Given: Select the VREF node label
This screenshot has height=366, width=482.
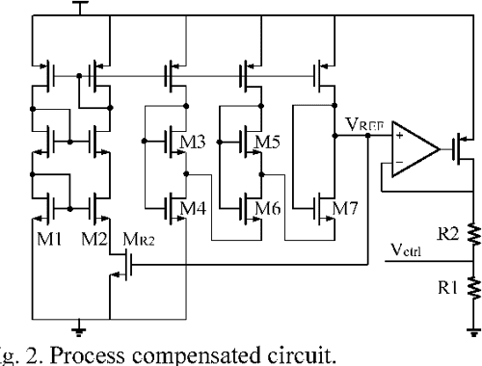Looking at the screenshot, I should (363, 123).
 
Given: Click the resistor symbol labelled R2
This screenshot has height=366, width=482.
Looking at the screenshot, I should (473, 232).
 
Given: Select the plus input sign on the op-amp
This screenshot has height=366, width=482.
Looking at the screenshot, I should (398, 138).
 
